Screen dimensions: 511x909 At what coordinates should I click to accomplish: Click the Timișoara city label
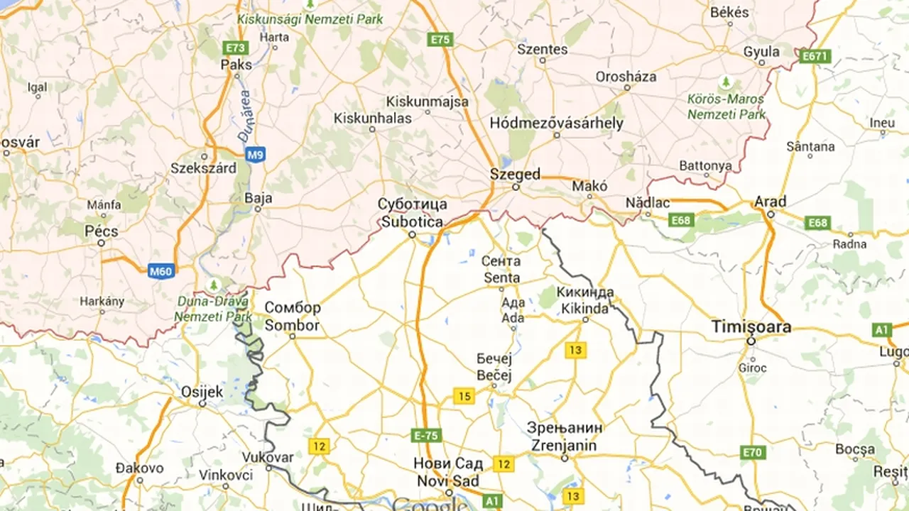pos(751,327)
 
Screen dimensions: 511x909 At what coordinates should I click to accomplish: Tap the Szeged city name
pos(515,175)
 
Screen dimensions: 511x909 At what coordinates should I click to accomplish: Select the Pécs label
pos(101,231)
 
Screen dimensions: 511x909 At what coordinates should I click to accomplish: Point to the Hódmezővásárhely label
pos(556,123)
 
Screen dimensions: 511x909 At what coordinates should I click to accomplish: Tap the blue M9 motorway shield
pos(256,153)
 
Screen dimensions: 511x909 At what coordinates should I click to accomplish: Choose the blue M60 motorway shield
pos(161,270)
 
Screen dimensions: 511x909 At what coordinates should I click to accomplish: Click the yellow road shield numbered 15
pos(464,396)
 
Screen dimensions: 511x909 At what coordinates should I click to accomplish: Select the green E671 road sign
pos(814,55)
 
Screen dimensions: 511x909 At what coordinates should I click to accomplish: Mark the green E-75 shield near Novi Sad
pos(425,435)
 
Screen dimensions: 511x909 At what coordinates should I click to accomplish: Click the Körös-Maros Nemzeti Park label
pos(726,106)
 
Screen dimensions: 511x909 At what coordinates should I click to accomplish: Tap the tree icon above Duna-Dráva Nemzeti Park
pos(212,285)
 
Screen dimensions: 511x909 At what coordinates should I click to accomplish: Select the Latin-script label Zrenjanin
pos(565,446)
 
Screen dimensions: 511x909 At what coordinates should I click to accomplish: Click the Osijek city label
pos(202,392)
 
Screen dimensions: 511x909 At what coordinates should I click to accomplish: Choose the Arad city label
pos(770,202)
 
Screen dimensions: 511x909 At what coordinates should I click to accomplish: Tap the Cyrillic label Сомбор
pos(293,309)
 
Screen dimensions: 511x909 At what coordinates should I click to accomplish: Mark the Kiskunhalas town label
pos(372,119)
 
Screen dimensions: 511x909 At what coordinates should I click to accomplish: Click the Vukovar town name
pos(268,457)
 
